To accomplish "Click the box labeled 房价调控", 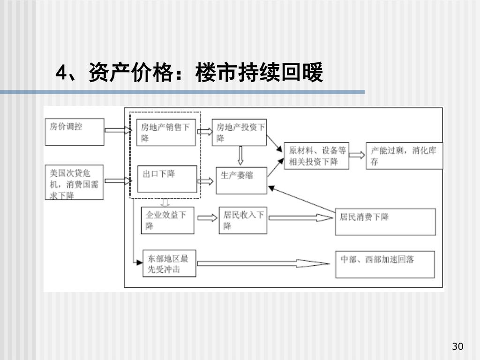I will [74, 131].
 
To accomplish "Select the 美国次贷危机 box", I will [74, 183].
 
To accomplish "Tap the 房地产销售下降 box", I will [166, 133].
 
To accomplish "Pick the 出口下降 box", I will [167, 179].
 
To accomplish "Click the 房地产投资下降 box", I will [239, 133].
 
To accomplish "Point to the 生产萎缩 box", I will [241, 180].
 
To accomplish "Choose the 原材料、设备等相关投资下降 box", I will [318, 156].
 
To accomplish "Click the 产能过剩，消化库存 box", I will [404, 156].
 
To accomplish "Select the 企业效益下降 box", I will [167, 220].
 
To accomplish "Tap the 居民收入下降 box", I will [242, 220].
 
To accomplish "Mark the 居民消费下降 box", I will [384, 221].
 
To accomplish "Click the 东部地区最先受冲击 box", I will [169, 264].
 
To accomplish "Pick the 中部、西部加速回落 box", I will [384, 264].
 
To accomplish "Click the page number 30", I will [457, 346].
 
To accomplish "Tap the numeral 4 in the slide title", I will [60, 74].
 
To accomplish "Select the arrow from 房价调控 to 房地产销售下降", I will [116, 130].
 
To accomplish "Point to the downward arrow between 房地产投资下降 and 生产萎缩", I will [240, 154].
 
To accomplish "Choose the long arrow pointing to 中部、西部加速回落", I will [262, 264].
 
